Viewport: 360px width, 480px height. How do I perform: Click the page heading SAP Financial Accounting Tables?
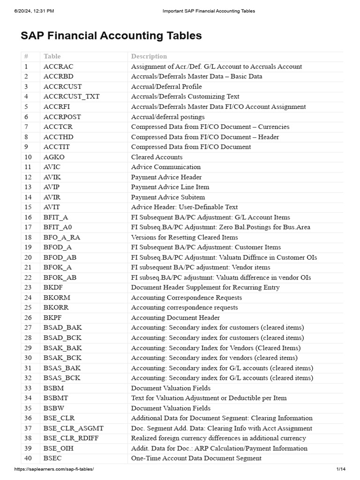111,36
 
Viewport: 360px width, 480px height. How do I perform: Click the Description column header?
149,56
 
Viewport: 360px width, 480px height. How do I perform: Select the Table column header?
52,56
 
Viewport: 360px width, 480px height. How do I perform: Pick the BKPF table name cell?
53,318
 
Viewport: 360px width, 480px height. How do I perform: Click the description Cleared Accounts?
157,157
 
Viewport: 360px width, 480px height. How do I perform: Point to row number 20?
28,257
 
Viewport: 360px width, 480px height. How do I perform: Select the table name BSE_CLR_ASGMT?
74,428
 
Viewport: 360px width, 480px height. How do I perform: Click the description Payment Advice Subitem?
168,197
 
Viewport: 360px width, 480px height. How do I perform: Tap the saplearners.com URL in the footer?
54,469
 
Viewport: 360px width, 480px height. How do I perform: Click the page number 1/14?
340,469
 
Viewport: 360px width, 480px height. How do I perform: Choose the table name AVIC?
52,167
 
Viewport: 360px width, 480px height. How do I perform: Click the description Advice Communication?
165,167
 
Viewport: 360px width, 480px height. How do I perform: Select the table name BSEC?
52,458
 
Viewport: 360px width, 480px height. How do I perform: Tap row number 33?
28,388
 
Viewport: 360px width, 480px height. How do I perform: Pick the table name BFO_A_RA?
62,237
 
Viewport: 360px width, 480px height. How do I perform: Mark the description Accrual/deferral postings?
168,117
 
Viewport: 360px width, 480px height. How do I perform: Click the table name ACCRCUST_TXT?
71,97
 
